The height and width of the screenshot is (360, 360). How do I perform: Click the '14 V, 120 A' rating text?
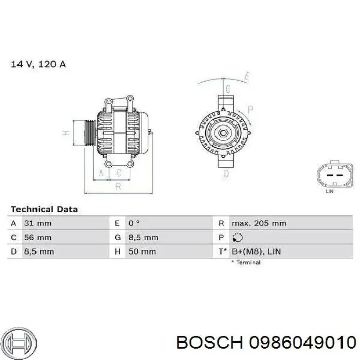coord(39,65)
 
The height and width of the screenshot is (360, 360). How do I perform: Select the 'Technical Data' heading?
coord(44,209)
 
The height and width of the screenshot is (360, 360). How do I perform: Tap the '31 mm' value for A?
coord(38,223)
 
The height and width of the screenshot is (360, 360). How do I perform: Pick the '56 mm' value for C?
coord(38,238)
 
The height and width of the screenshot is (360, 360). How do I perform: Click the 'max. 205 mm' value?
coord(259,223)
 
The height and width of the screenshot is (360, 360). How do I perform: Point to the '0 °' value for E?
coord(134,223)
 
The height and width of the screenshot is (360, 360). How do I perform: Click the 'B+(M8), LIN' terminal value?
coord(256,251)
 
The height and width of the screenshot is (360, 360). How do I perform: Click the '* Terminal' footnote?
coord(246,262)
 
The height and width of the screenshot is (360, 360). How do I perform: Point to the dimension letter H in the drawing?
coord(66,133)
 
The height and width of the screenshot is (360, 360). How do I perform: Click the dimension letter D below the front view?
coord(226,174)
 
